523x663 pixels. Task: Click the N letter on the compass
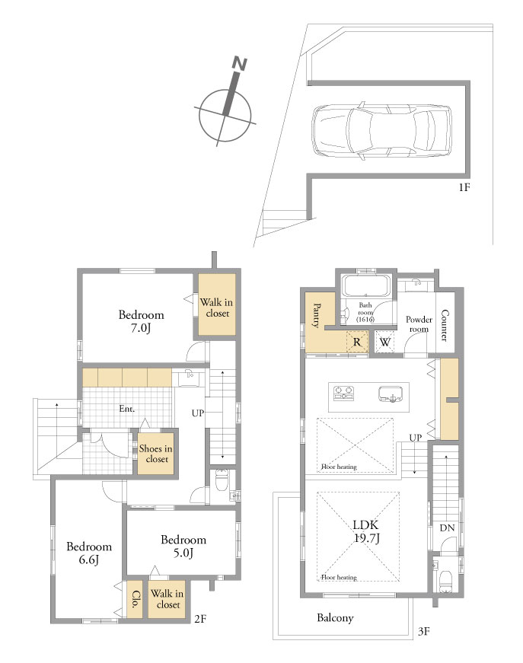[239, 64]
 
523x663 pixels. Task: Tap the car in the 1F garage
[381, 131]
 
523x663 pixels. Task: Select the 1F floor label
[464, 187]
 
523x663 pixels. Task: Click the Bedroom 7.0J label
[141, 321]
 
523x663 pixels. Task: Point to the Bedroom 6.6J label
[89, 553]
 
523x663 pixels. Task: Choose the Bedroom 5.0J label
[183, 546]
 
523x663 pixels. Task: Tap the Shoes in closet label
[155, 454]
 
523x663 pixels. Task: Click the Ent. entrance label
[127, 409]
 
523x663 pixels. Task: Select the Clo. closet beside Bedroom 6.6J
[136, 599]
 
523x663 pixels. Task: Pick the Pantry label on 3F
[316, 315]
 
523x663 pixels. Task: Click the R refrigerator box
[357, 342]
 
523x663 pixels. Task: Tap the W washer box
[384, 342]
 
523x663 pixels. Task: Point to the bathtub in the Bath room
[365, 286]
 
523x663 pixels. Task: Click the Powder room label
[419, 324]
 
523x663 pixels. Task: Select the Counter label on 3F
[445, 326]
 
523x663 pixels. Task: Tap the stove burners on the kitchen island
[344, 393]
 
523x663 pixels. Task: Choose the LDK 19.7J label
[366, 531]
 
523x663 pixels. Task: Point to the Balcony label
[335, 618]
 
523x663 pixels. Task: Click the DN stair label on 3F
[447, 528]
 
